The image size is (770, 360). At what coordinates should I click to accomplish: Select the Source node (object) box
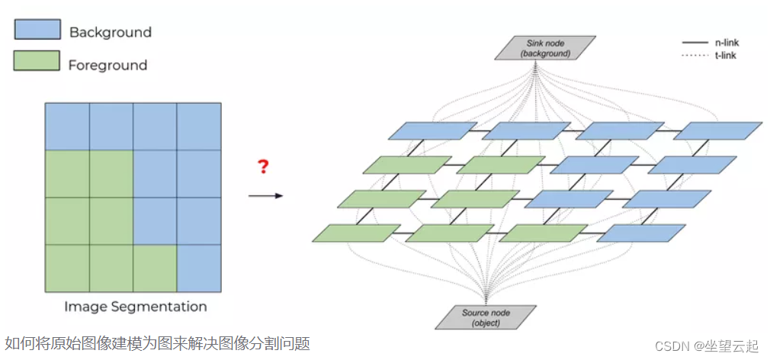tap(486, 317)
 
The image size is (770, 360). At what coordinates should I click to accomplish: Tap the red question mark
tap(263, 167)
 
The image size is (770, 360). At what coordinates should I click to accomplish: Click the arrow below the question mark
tap(265, 196)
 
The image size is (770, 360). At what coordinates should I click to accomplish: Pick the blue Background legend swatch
tap(37, 30)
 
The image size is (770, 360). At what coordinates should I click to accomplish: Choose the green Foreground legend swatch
tap(37, 61)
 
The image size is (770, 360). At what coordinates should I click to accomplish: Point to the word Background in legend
tap(110, 32)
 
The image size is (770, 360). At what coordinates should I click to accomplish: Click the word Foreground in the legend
tap(107, 65)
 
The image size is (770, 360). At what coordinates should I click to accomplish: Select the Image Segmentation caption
tap(135, 307)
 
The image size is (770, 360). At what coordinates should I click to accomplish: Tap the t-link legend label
tap(725, 55)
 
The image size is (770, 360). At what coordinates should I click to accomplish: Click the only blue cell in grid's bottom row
tap(199, 268)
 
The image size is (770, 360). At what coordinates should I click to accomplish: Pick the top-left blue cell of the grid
tap(67, 127)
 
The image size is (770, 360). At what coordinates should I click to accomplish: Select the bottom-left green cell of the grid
tap(67, 268)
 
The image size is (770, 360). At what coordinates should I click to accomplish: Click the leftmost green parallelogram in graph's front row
tap(356, 233)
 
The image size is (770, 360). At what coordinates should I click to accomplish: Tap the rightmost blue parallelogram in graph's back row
tap(717, 130)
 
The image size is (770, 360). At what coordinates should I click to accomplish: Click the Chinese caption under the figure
tap(157, 344)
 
